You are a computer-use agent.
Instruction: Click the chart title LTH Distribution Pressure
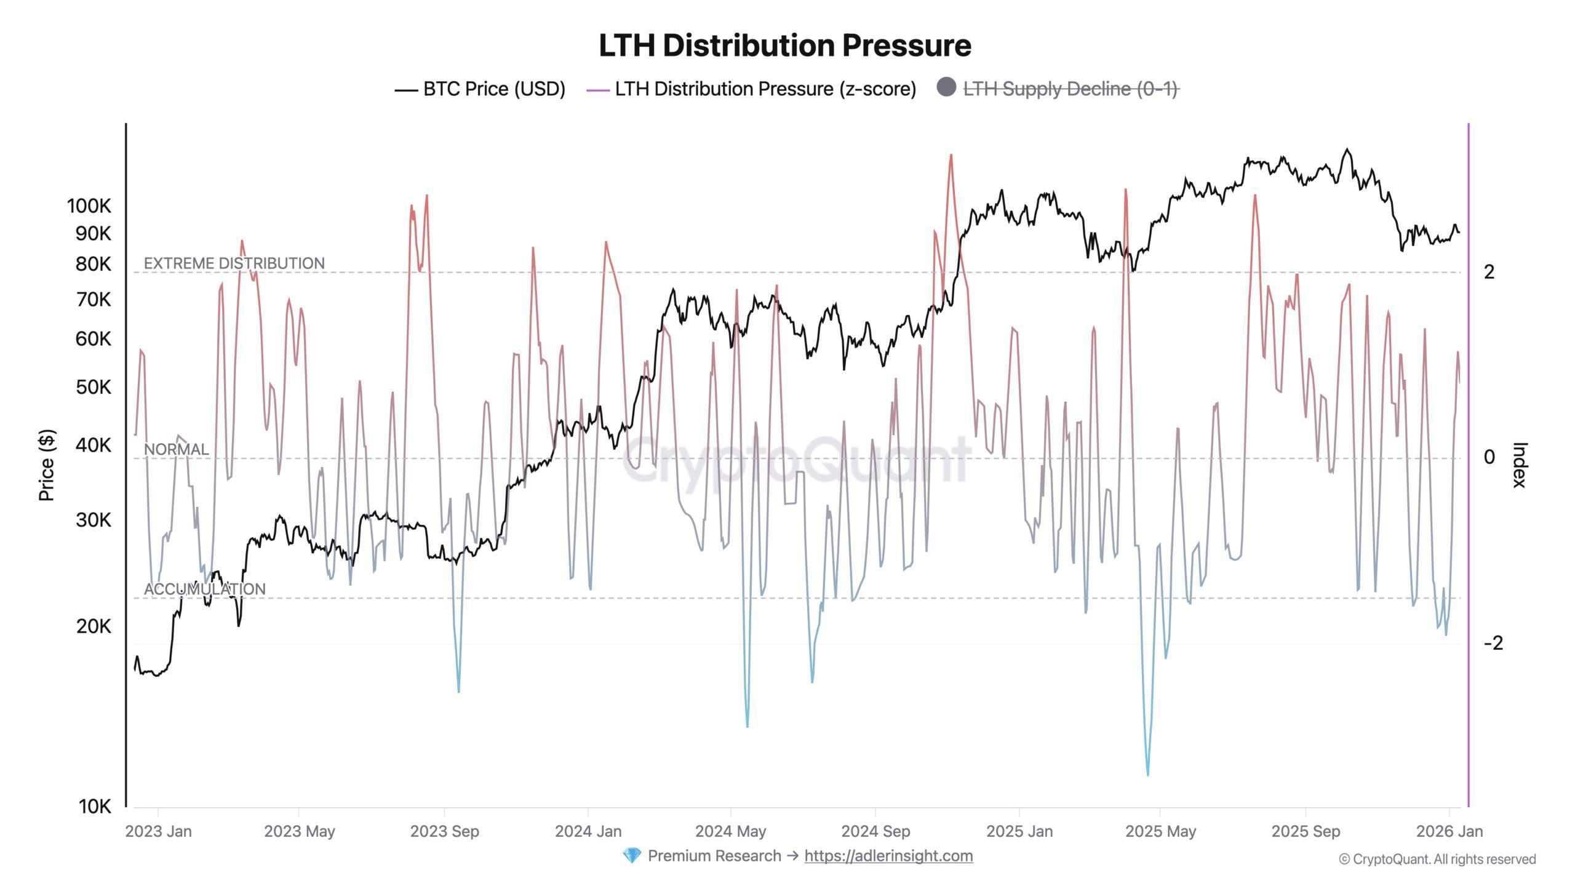coord(785,46)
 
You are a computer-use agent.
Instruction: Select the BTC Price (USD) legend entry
coord(493,89)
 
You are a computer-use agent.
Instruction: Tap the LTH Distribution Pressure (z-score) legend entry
coord(765,89)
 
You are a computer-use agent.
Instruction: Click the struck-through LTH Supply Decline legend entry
coord(1070,89)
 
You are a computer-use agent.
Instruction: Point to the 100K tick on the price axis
coord(89,206)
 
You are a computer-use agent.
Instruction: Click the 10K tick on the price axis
coord(95,807)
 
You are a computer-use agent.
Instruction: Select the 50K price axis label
coord(94,388)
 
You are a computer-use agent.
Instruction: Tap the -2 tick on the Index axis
coord(1493,644)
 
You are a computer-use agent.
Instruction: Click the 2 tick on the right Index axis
coord(1489,272)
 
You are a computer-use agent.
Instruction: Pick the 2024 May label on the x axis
coord(730,832)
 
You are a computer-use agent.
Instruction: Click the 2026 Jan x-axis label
coord(1449,832)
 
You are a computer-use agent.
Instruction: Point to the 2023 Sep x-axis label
coord(444,832)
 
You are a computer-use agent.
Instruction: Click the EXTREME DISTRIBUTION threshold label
coord(234,263)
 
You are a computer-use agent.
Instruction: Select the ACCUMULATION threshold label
coord(204,589)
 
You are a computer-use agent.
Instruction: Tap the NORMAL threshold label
coord(176,450)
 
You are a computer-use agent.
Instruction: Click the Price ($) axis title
coord(47,465)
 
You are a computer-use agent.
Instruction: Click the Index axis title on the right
coord(1519,465)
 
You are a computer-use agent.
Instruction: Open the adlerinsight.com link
coord(888,856)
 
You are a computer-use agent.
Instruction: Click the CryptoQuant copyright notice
coord(1437,860)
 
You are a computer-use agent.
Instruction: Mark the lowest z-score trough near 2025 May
coord(1148,774)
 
